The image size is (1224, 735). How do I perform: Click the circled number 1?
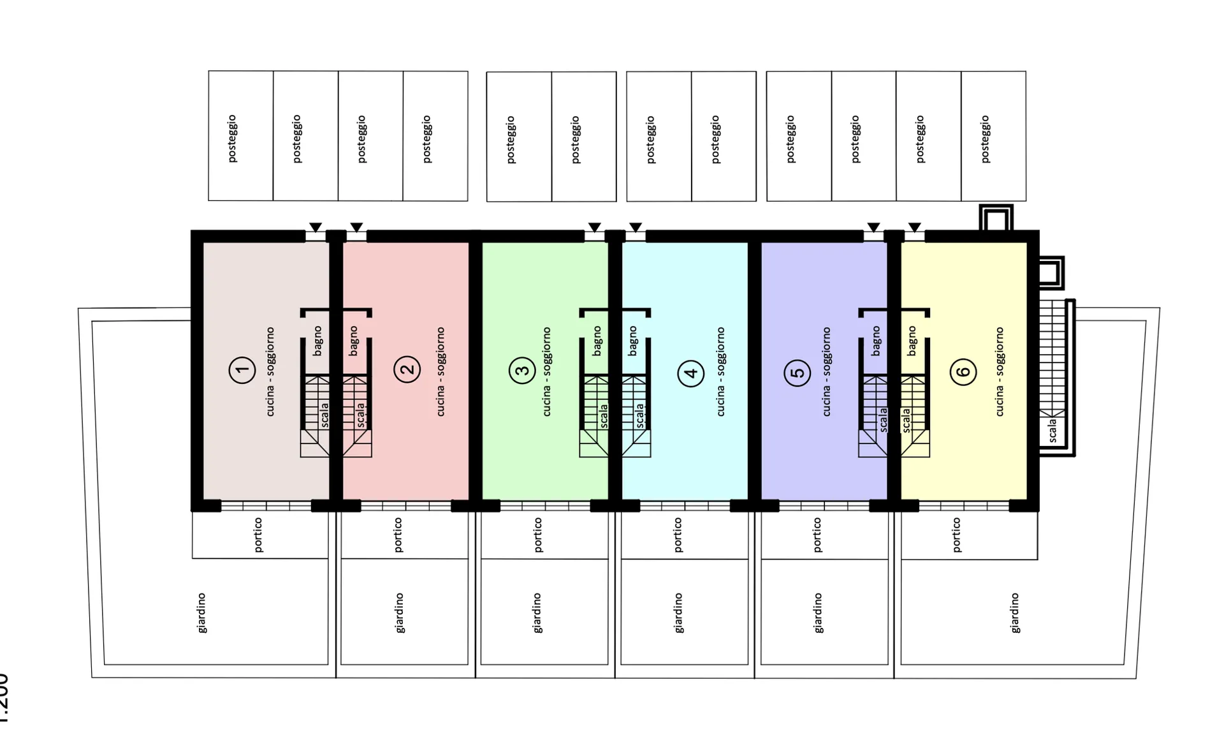pos(242,369)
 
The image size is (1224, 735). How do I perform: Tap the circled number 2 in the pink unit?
pos(407,369)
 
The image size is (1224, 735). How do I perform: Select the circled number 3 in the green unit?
pos(522,370)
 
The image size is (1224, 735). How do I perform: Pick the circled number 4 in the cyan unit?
pos(690,373)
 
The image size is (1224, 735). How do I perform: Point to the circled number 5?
pos(797,373)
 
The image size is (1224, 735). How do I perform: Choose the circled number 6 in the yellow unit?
pos(963,372)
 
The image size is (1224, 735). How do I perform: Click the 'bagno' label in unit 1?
pos(317,341)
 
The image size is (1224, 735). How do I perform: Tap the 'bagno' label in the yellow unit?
pos(912,341)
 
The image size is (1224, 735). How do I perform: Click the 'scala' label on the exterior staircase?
pos(1052,430)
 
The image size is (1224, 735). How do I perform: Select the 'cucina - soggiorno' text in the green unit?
pos(546,372)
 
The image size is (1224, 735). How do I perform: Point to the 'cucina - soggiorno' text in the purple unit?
pos(826,372)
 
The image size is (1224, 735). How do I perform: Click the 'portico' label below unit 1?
pos(258,535)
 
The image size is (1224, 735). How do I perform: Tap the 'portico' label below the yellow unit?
pos(956,535)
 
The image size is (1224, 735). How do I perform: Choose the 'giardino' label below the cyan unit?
pos(678,613)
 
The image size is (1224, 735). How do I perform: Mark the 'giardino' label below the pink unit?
pos(400,613)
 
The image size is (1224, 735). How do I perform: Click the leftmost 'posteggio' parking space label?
pos(232,138)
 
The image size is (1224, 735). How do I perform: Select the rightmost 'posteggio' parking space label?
pos(986,139)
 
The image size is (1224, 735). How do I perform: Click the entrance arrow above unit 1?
pos(316,228)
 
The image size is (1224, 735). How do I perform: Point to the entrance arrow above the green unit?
pos(595,228)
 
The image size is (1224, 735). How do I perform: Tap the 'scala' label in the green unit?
pos(604,415)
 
